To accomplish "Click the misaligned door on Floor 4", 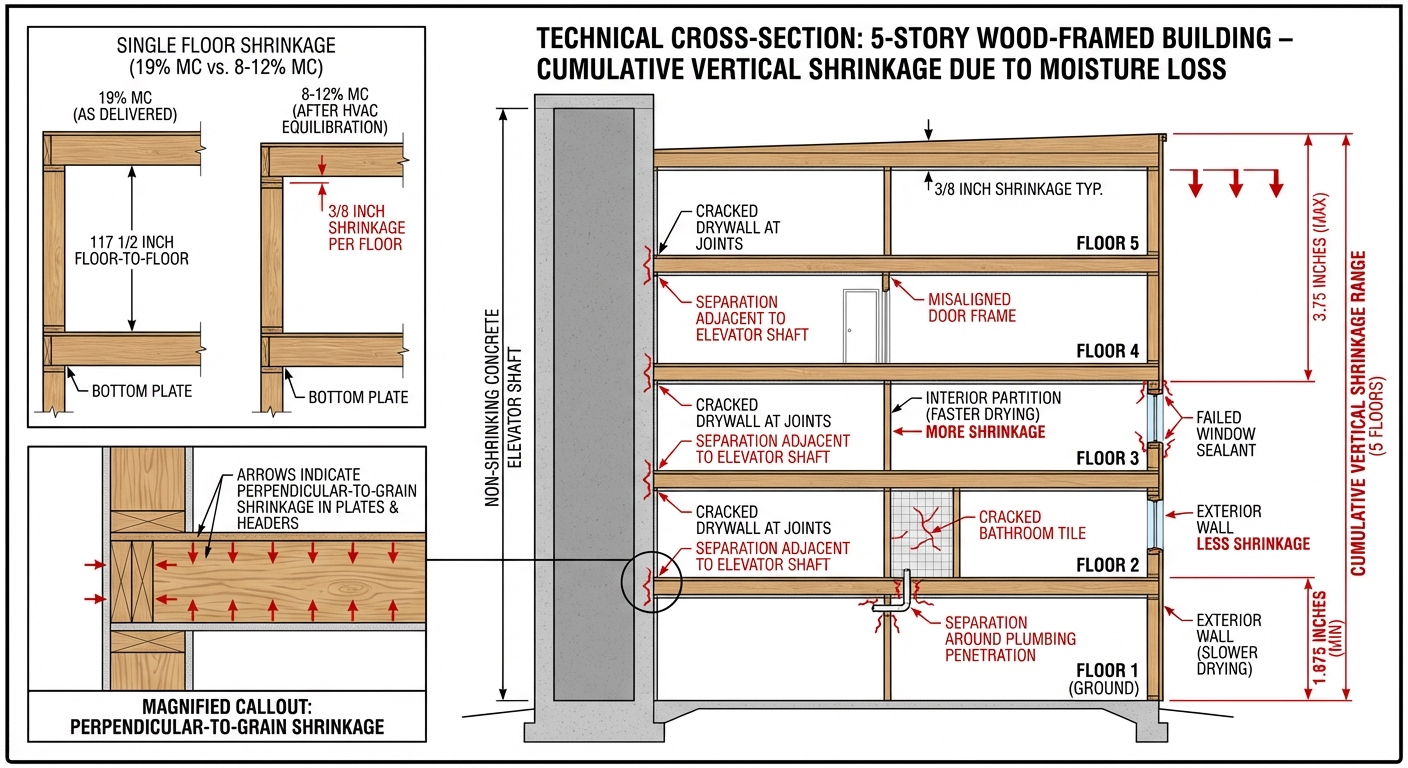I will click(x=858, y=326).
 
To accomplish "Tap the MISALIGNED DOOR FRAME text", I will click(x=969, y=307).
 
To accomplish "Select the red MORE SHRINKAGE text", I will click(x=984, y=432).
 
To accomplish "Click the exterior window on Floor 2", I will click(x=1155, y=524).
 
